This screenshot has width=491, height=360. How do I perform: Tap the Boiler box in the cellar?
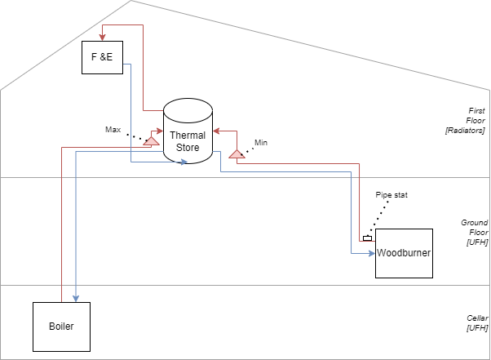61,327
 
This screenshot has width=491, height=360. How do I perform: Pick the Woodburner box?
403,254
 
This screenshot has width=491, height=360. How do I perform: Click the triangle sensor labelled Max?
150,140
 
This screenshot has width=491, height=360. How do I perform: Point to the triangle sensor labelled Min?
237,153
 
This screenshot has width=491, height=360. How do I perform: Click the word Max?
113,129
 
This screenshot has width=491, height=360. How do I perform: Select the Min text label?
261,143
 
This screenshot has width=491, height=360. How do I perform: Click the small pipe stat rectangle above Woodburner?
367,238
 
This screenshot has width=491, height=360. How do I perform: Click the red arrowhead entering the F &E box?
103,38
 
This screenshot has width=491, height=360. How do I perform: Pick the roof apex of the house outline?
130,2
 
